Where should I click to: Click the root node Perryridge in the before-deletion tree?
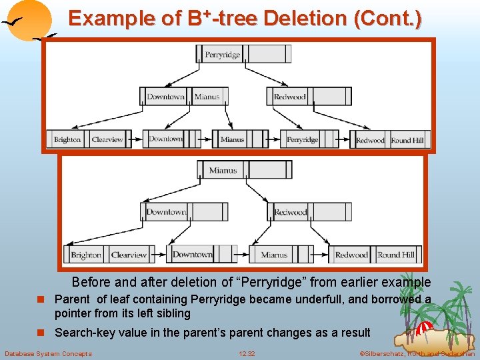(223, 55)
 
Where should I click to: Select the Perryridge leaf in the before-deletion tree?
(303, 140)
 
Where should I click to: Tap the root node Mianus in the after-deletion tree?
(223, 170)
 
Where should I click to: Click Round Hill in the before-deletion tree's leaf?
(407, 140)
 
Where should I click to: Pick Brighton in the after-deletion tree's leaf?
(86, 255)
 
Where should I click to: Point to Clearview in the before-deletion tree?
(107, 140)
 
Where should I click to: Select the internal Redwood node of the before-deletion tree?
(289, 97)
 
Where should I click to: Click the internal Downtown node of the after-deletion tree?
(166, 212)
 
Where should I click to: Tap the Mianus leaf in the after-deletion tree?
(274, 255)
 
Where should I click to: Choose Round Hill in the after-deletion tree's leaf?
(396, 255)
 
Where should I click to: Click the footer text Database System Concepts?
(49, 353)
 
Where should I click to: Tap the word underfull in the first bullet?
(324, 299)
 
